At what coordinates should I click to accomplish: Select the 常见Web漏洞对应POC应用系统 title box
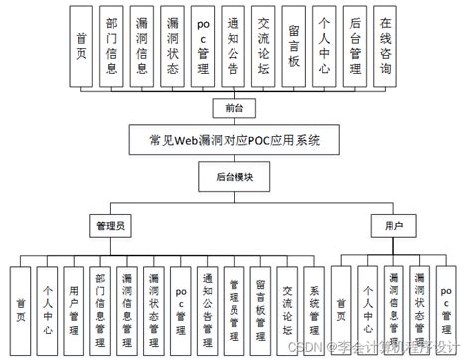tap(235, 138)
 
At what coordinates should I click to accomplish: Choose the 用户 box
tap(393, 226)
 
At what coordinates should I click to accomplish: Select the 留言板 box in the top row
tap(295, 46)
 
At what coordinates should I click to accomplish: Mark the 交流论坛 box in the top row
tap(264, 46)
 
